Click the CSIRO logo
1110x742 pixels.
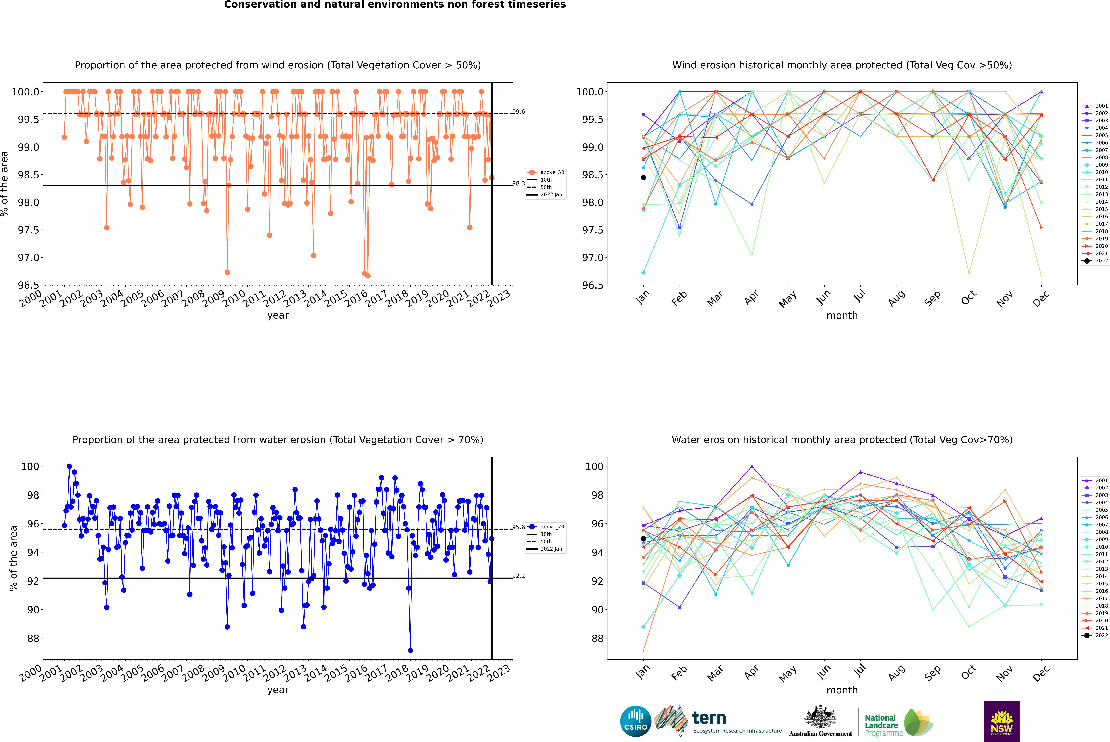(635, 721)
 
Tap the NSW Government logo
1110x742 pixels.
(1002, 721)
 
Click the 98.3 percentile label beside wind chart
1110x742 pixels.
(519, 184)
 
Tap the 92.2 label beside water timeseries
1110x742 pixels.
(519, 576)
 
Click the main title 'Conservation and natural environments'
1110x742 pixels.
(395, 5)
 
